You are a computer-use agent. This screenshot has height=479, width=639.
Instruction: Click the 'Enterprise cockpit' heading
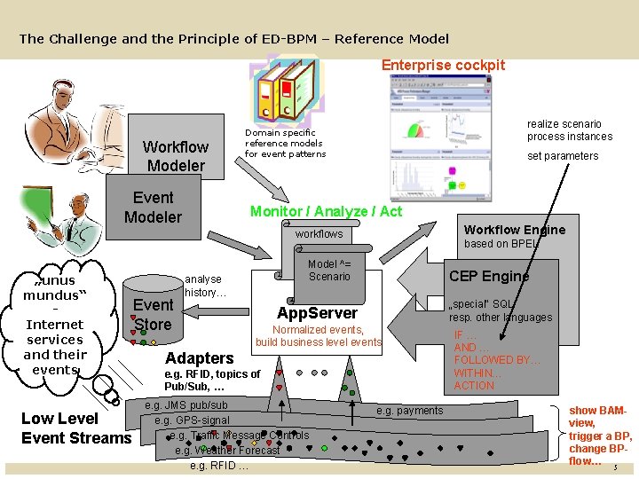(443, 65)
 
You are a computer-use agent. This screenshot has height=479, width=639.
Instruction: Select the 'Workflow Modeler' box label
(176, 156)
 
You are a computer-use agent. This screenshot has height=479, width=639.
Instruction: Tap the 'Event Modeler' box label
(153, 208)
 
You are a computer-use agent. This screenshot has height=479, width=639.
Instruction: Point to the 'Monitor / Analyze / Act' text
(326, 211)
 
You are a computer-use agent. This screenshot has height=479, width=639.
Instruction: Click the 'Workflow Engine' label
(515, 230)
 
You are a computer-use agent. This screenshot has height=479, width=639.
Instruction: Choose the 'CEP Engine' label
(489, 276)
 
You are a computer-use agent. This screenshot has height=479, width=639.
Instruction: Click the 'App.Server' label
(317, 312)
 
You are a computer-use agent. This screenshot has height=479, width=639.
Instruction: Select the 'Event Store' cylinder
(153, 315)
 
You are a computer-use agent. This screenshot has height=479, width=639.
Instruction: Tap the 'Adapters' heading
(200, 357)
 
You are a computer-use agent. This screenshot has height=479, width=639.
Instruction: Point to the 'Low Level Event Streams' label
(75, 428)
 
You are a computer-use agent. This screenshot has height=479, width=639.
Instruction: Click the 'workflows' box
(319, 234)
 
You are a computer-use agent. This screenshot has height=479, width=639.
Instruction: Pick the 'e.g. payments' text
(410, 411)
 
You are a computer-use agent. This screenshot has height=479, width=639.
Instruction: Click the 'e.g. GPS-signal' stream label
(192, 420)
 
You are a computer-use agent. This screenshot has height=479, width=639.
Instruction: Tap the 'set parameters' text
(563, 156)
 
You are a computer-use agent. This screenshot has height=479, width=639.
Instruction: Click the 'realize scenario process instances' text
(570, 130)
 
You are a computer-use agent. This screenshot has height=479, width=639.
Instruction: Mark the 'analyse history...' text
(205, 286)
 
